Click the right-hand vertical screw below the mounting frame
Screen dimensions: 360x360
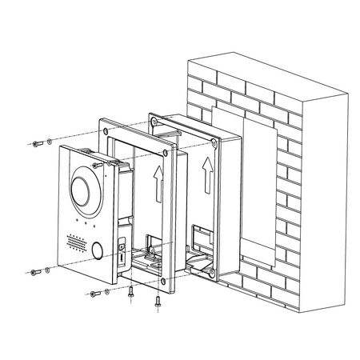click(158, 303)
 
